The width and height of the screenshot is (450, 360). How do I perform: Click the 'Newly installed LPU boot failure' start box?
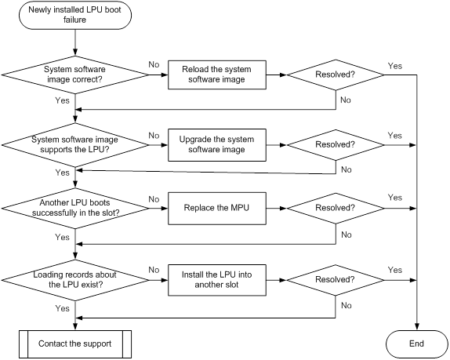pos(75,15)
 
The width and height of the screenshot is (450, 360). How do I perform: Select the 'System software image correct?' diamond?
pos(75,75)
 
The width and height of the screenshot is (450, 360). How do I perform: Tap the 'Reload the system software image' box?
pos(217,75)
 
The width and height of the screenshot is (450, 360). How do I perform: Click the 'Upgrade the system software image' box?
pos(217,144)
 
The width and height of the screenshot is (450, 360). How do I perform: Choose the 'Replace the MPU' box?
pos(217,208)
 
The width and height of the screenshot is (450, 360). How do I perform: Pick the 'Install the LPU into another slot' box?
pos(217,280)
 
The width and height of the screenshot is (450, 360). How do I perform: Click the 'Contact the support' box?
pos(75,344)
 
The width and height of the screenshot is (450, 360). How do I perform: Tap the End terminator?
pos(417,344)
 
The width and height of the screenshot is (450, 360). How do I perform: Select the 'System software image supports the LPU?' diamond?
pos(75,144)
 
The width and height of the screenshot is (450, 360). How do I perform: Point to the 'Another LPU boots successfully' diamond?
pos(75,208)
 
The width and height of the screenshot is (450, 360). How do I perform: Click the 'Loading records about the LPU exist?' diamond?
pos(75,280)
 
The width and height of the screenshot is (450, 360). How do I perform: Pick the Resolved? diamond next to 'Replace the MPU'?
pos(336,208)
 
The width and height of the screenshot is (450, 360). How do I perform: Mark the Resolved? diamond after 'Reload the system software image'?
pos(336,75)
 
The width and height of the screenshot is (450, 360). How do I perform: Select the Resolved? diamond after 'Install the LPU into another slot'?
pos(336,280)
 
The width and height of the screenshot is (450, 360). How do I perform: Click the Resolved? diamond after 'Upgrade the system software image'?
pos(336,144)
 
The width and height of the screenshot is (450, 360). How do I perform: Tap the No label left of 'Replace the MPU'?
pos(154,199)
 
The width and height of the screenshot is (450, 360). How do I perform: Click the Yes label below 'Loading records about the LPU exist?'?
pos(62,308)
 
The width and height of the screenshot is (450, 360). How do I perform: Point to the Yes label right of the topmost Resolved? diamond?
pos(395,66)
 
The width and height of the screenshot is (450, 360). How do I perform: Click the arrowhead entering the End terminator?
pos(417,327)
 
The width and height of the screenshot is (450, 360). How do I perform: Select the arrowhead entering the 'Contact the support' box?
pos(75,327)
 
